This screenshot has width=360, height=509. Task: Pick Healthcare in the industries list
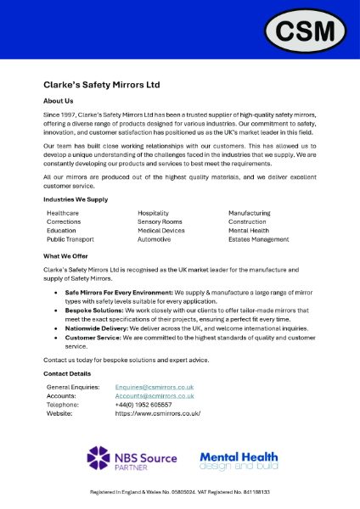[x=63, y=213]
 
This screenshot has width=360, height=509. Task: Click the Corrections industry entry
[x=64, y=221]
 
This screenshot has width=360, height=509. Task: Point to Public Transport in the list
[x=70, y=239]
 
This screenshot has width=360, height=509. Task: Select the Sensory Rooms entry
[x=160, y=221]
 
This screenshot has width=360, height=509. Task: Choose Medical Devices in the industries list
[x=161, y=231]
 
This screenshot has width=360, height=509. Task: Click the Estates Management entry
[x=258, y=239]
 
